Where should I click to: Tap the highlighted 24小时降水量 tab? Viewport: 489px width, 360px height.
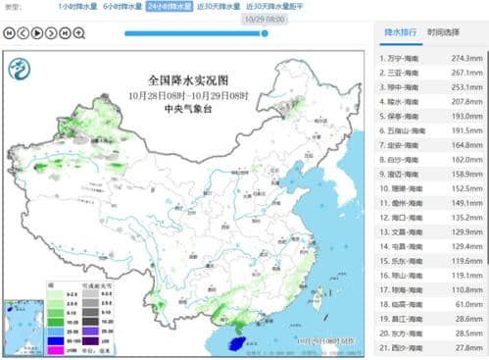(170, 7)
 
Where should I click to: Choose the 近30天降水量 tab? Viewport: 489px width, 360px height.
(217, 7)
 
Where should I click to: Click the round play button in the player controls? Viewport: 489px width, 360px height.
(37, 32)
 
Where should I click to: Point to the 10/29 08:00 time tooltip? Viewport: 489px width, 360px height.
(265, 18)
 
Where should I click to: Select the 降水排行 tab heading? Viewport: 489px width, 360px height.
(401, 31)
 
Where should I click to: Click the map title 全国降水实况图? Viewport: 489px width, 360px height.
(187, 77)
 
